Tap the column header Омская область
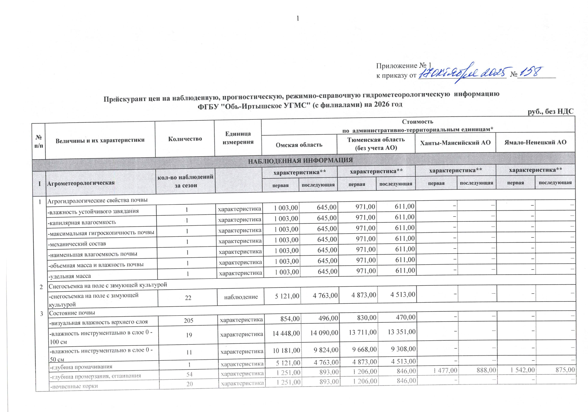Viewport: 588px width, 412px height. click(x=299, y=145)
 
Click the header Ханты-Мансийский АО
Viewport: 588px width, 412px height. click(x=455, y=143)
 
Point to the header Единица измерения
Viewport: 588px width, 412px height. click(x=238, y=138)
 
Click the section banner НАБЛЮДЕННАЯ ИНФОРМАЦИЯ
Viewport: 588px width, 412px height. click(x=300, y=160)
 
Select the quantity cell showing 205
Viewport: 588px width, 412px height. click(x=189, y=320)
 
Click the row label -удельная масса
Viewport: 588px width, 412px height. click(x=70, y=276)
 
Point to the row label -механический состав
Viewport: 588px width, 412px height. click(x=77, y=244)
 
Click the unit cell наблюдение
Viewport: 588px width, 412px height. click(x=241, y=297)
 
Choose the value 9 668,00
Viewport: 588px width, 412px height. click(x=364, y=349)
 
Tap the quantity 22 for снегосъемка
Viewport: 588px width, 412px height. click(x=188, y=298)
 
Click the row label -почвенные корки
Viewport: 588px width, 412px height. click(x=74, y=386)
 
